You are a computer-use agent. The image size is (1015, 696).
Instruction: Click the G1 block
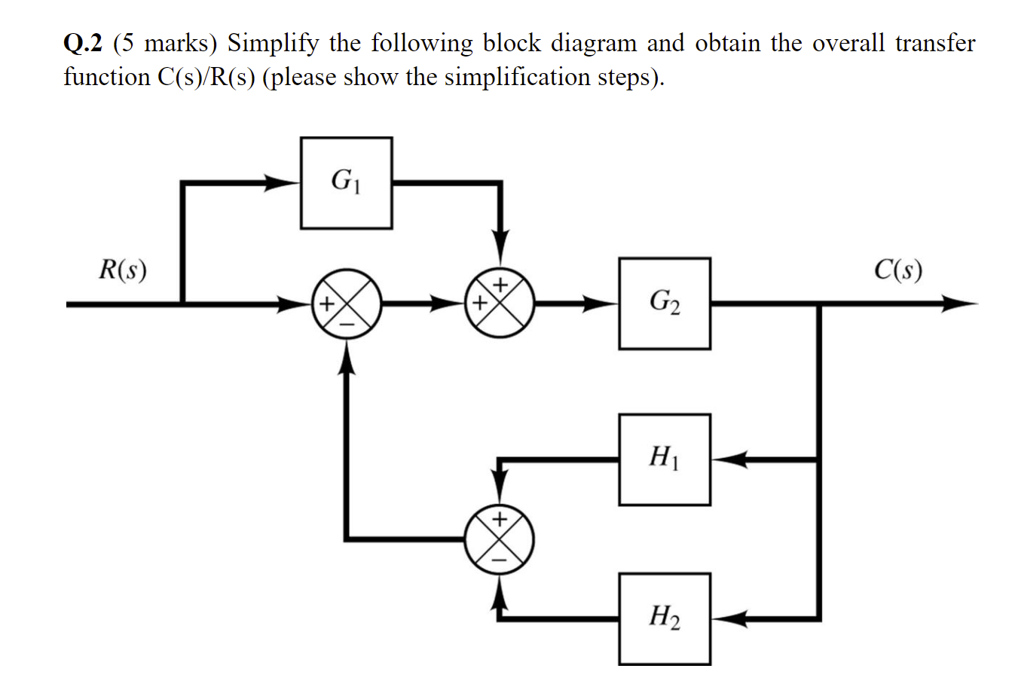(x=346, y=182)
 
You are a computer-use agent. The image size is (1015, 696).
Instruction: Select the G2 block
(x=664, y=304)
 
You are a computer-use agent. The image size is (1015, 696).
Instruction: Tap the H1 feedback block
(x=664, y=459)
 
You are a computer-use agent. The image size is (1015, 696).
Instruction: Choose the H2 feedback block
(x=664, y=618)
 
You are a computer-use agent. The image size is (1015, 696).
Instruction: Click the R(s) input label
(x=123, y=270)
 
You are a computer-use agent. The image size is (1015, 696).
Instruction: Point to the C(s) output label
(x=897, y=270)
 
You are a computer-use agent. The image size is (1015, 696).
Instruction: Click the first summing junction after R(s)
(x=347, y=304)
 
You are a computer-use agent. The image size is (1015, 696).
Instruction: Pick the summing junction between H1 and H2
(x=499, y=539)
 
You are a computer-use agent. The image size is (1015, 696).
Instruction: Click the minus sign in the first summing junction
(x=347, y=323)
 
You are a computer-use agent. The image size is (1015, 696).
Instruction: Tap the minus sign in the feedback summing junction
(x=499, y=560)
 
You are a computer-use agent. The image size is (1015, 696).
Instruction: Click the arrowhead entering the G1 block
(x=285, y=182)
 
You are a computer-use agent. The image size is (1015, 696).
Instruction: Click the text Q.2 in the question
(x=83, y=44)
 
